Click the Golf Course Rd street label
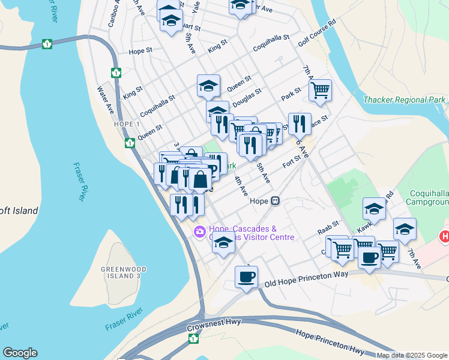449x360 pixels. (x=318, y=37)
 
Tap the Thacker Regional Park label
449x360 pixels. (x=405, y=100)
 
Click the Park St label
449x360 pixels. (x=291, y=95)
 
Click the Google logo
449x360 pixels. (x=20, y=353)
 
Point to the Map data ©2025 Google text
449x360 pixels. (x=412, y=355)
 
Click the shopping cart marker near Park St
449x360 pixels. (x=320, y=91)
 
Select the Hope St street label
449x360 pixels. (x=140, y=52)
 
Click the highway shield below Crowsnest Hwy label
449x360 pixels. (x=194, y=339)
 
